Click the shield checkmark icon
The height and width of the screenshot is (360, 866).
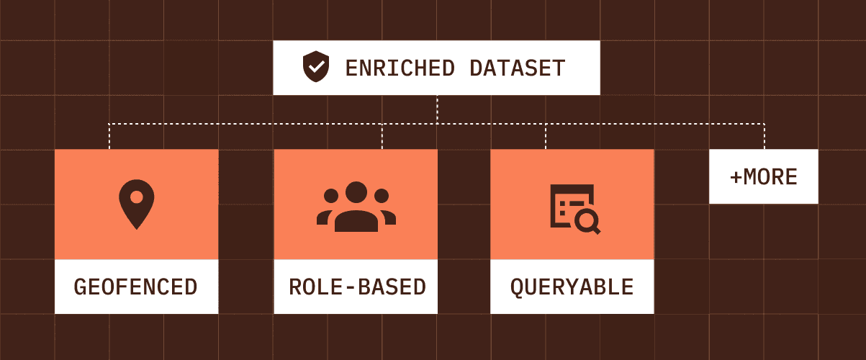point(315,68)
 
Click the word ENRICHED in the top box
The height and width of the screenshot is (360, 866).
point(400,68)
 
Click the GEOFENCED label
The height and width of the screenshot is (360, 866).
point(136,287)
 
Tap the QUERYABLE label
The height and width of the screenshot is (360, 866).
point(572,287)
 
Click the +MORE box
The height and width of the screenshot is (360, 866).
point(763,176)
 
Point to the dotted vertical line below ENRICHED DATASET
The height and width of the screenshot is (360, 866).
point(437,109)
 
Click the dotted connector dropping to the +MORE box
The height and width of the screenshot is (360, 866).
point(764,137)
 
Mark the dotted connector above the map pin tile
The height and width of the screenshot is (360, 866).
point(109,137)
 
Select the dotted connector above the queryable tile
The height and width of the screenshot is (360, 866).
point(546,137)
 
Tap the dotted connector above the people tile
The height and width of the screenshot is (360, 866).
point(382,137)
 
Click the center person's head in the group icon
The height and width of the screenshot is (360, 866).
point(356,193)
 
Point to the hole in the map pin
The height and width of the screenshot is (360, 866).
point(136,197)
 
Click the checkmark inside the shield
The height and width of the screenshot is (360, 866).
point(315,68)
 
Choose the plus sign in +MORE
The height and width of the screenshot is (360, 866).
point(736,177)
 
